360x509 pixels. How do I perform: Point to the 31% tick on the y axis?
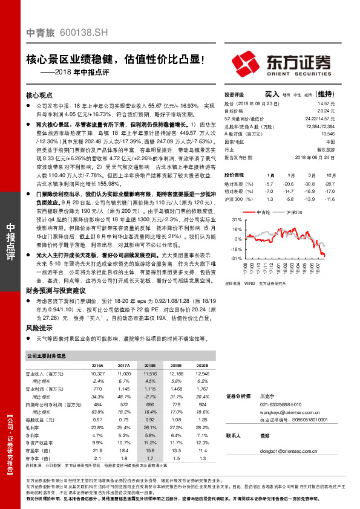coord(238,220)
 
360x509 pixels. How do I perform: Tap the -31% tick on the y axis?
coord(237,258)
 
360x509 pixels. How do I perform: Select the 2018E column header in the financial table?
coord(151,366)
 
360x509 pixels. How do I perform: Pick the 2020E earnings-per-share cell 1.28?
coord(203,420)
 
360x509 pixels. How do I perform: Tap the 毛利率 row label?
coord(34,427)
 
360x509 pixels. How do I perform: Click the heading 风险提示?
coord(37,327)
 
